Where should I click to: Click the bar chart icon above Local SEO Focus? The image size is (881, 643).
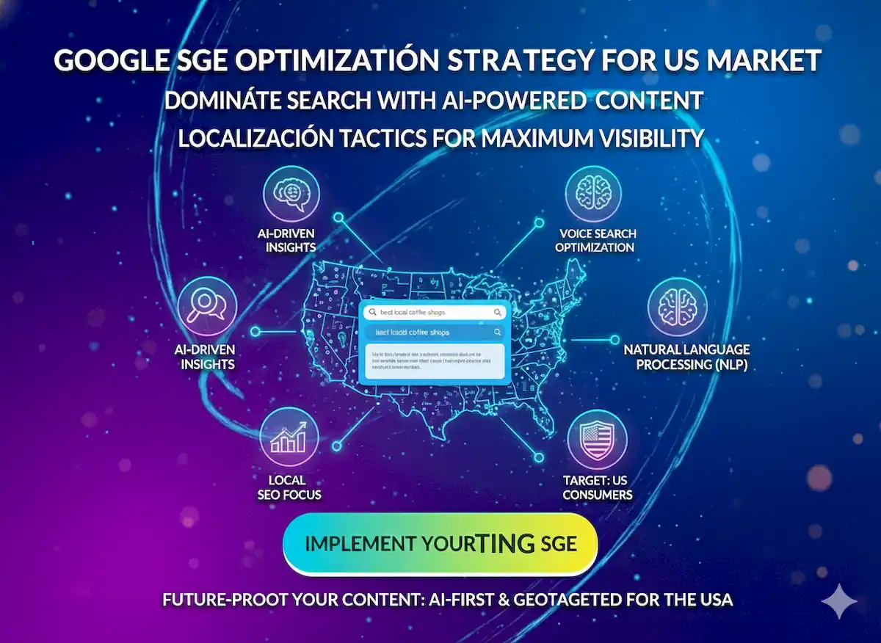pyautogui.click(x=289, y=437)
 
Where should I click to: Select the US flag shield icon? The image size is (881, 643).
pyautogui.click(x=597, y=439)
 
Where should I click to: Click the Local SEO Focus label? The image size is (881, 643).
pyautogui.click(x=289, y=487)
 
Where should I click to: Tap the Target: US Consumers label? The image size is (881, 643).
pyautogui.click(x=597, y=487)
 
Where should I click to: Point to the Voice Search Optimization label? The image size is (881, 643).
pyautogui.click(x=595, y=240)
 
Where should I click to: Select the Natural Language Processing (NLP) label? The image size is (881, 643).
pyautogui.click(x=686, y=357)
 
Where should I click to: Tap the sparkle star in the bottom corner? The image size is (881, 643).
pyautogui.click(x=838, y=602)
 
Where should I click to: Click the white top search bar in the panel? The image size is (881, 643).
pyautogui.click(x=435, y=312)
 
